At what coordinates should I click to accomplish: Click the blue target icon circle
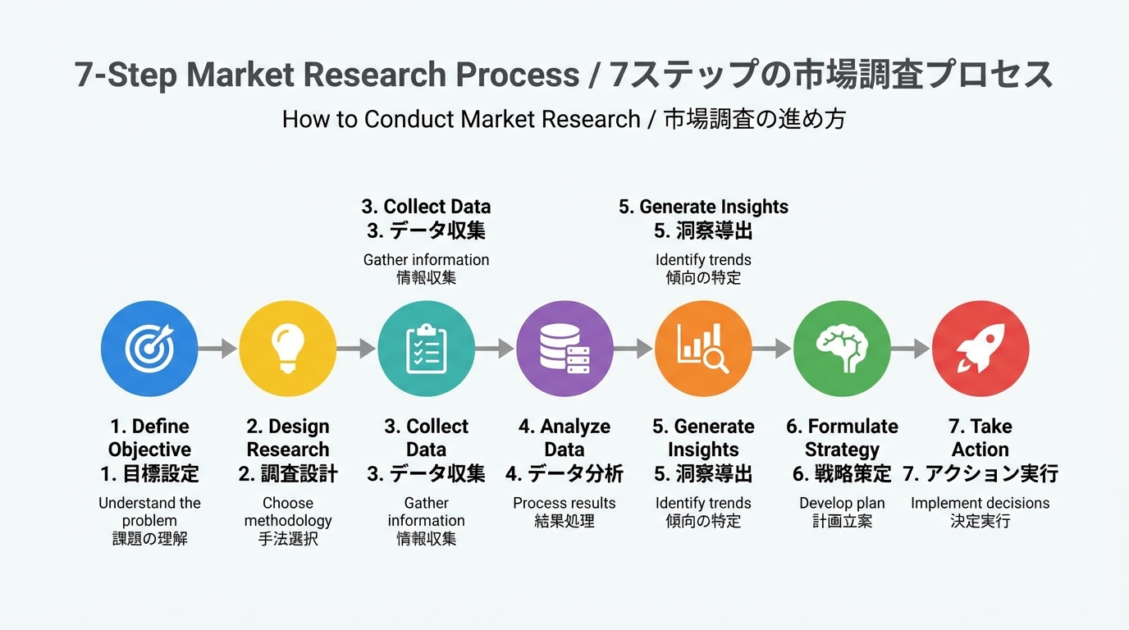pos(149,349)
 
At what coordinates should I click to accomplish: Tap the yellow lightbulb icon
pos(288,349)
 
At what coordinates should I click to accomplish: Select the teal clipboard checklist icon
pos(427,349)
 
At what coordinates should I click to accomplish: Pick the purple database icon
pos(565,349)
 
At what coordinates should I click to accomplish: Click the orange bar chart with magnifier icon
pos(703,349)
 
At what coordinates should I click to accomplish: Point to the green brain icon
pos(842,349)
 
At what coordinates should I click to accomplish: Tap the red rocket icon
pos(980,349)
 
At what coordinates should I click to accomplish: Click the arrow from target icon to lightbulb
pos(218,349)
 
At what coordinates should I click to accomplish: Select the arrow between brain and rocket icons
pos(911,349)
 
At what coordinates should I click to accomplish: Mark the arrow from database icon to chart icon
pos(634,349)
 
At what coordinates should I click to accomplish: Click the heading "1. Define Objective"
pos(149,438)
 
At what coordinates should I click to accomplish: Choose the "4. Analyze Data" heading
pos(564,438)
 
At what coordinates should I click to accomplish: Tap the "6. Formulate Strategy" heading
pos(842,438)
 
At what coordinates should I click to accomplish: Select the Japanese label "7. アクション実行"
pos(980,474)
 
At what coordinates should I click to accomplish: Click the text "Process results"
pos(564,503)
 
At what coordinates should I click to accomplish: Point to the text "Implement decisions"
pos(980,503)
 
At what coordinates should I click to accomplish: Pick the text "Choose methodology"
pos(288,512)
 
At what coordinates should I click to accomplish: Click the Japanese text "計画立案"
pos(842,521)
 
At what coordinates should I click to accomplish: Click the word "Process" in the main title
pos(518,75)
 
